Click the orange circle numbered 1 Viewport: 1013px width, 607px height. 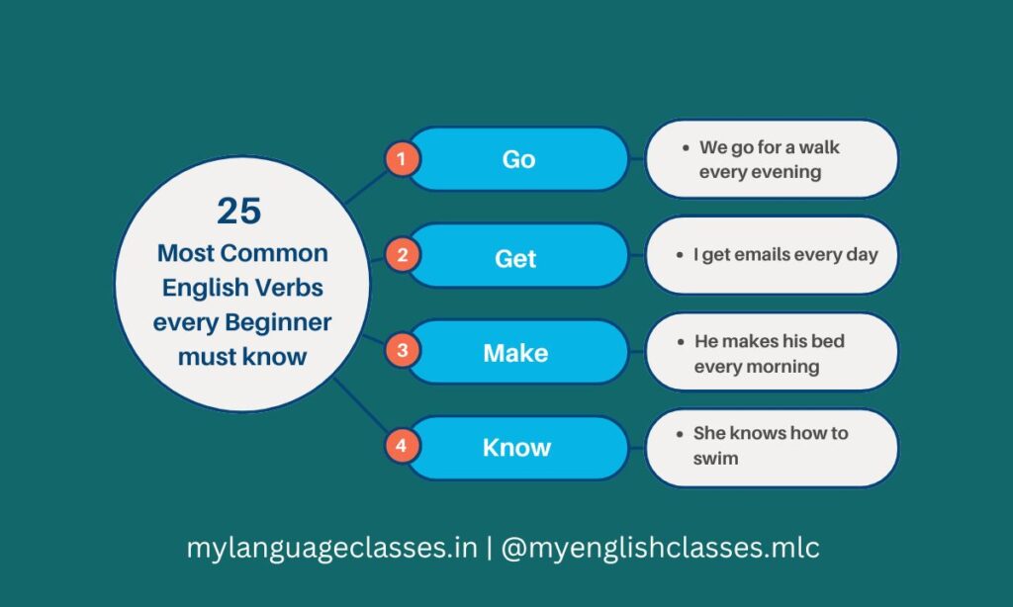pyautogui.click(x=402, y=158)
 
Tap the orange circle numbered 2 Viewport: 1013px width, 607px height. pyautogui.click(x=402, y=255)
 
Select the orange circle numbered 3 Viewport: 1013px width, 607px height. pyautogui.click(x=402, y=350)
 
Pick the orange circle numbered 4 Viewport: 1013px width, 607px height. pyautogui.click(x=402, y=446)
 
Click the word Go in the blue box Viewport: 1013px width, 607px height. pyautogui.click(x=518, y=159)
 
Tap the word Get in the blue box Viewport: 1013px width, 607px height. pyautogui.click(x=515, y=258)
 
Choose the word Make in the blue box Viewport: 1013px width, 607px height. pyautogui.click(x=515, y=352)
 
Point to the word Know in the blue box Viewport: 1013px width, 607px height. pyautogui.click(x=516, y=448)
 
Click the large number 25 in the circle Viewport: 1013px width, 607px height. pyautogui.click(x=239, y=211)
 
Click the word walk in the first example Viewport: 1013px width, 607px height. pyautogui.click(x=817, y=147)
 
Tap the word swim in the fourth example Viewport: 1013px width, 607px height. pyautogui.click(x=715, y=458)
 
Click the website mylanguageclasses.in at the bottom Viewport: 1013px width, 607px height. pyautogui.click(x=332, y=548)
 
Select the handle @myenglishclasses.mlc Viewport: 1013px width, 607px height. pyautogui.click(x=661, y=548)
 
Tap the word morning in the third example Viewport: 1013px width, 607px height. pyautogui.click(x=783, y=366)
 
